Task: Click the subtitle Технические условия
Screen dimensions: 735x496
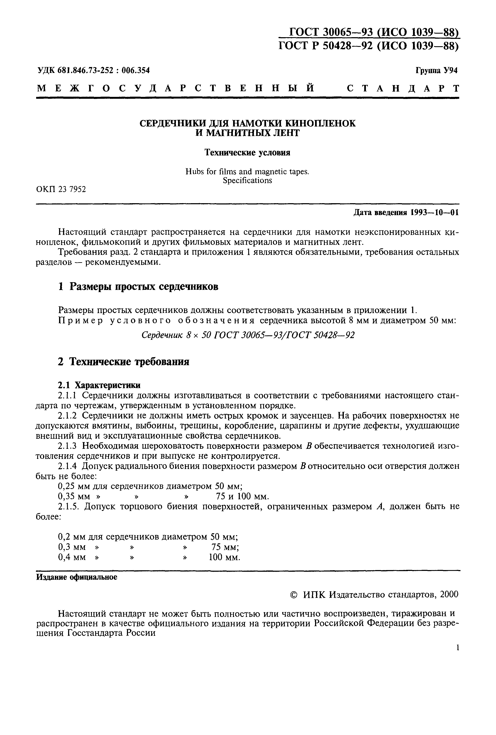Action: click(x=247, y=153)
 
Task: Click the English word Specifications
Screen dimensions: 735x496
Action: click(x=247, y=180)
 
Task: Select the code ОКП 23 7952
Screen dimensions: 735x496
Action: click(x=61, y=189)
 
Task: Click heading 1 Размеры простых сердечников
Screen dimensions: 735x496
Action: click(x=138, y=287)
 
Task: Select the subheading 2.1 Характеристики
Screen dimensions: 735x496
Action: click(x=99, y=385)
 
